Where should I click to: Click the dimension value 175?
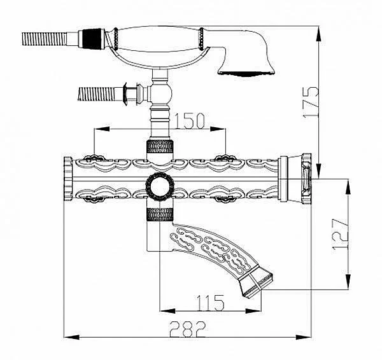tap(311, 102)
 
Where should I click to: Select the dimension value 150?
tap(190, 120)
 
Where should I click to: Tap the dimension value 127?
tap(341, 234)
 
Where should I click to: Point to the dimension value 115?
tap(210, 303)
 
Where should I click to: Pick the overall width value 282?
tap(187, 329)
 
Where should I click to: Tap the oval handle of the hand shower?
tap(158, 39)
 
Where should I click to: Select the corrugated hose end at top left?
tap(45, 39)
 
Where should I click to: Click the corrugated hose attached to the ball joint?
tap(96, 93)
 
